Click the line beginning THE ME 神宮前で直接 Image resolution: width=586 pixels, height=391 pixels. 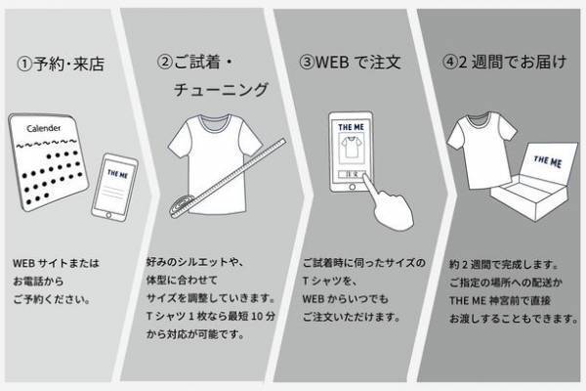tap(500, 299)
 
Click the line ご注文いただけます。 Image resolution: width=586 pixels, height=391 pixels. tap(351, 317)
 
